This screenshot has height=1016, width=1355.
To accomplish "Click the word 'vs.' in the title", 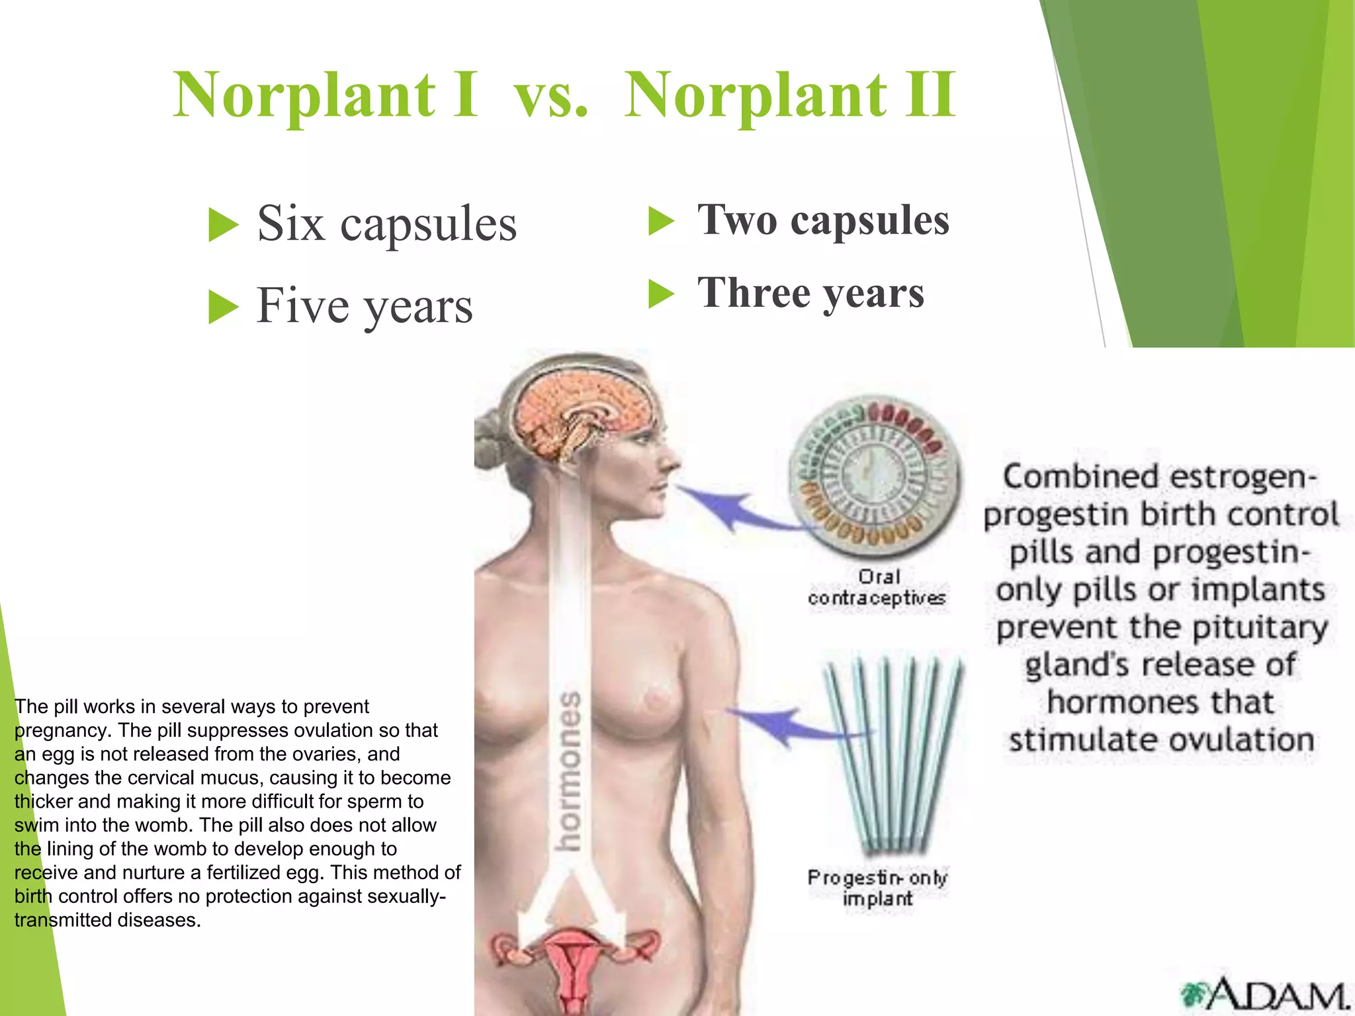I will (551, 97).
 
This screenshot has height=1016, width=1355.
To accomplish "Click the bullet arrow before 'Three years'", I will (661, 294).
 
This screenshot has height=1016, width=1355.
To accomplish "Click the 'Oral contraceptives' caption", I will (877, 587).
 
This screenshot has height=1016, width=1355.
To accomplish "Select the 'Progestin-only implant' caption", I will (877, 888).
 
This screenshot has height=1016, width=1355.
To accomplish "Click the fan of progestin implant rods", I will (893, 754).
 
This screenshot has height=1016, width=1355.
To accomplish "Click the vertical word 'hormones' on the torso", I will (569, 771).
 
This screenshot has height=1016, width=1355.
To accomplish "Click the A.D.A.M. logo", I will (1264, 993).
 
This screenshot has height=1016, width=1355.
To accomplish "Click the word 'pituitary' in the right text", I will (1260, 627).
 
